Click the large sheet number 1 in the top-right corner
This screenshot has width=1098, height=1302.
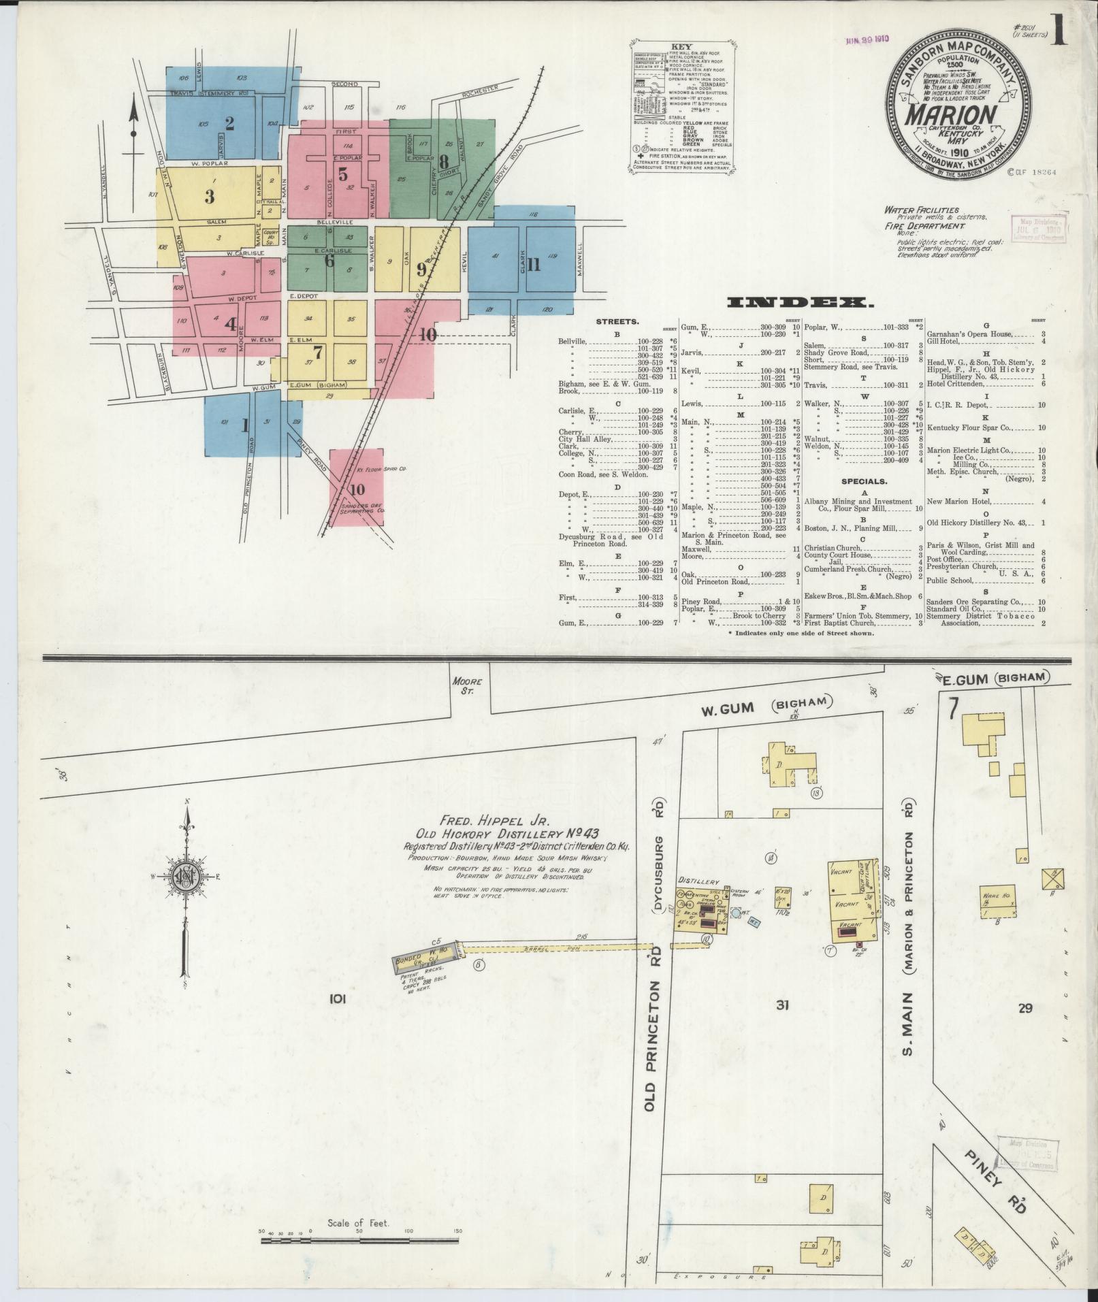click(1059, 32)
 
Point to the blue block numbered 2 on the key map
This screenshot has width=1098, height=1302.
click(229, 123)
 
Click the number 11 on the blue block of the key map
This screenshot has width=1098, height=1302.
click(533, 264)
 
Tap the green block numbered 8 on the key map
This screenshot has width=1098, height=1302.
click(444, 162)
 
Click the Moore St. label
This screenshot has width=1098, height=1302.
click(467, 685)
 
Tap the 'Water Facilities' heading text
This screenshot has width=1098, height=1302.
click(922, 210)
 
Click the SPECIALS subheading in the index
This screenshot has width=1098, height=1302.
click(864, 481)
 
